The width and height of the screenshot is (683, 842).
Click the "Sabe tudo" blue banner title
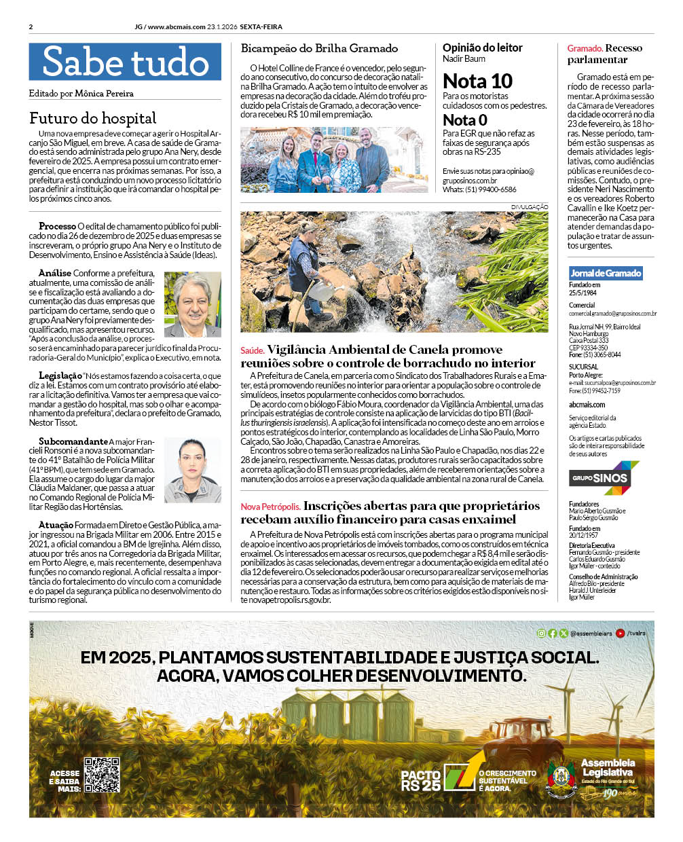coord(125,62)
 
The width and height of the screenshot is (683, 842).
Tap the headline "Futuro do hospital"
coord(92,118)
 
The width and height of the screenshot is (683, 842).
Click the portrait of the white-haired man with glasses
coord(193,304)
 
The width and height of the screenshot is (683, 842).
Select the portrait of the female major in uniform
coord(193,469)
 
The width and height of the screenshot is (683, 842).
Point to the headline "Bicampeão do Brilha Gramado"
coord(319,48)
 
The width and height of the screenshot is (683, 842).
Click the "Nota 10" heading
coord(477,81)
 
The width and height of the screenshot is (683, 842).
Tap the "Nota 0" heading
coord(465,120)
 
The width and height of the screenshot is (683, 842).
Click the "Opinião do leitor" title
coord(482,48)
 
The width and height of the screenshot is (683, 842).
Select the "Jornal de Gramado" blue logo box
coord(606,273)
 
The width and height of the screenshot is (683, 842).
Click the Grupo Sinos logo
coord(604,478)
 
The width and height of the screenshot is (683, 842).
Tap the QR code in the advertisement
coord(102,775)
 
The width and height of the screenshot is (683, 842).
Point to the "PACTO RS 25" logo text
coord(421,780)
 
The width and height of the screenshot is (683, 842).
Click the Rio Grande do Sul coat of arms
coord(561,779)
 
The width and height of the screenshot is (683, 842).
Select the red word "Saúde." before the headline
coord(252,350)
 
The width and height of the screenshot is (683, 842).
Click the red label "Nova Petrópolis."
coord(270,507)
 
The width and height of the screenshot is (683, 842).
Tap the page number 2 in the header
coord(31,27)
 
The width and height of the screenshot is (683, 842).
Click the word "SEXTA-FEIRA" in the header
coord(261,27)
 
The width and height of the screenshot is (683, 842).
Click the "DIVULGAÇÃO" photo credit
coord(530,206)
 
